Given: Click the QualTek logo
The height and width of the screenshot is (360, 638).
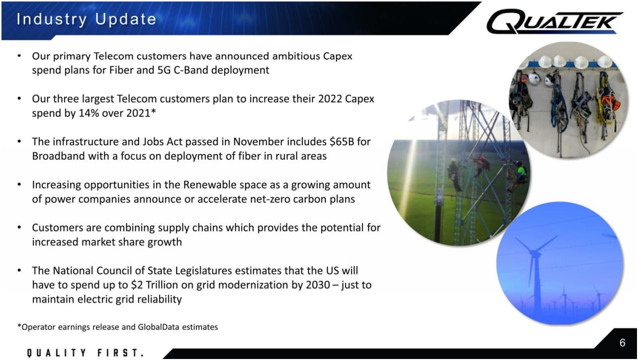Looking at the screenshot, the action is (554, 21).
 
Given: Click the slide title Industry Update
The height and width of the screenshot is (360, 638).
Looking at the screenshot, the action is (87, 19).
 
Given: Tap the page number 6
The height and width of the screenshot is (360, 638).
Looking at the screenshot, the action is (622, 343).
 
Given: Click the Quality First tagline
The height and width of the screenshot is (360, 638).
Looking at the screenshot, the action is (86, 353).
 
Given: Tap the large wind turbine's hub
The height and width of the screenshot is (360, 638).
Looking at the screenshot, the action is (534, 252).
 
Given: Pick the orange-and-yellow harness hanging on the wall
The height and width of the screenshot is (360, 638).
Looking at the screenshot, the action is (607, 102).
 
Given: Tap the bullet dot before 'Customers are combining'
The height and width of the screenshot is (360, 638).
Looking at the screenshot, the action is (19, 227).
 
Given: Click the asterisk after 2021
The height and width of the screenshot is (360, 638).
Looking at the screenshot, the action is (154, 111).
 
